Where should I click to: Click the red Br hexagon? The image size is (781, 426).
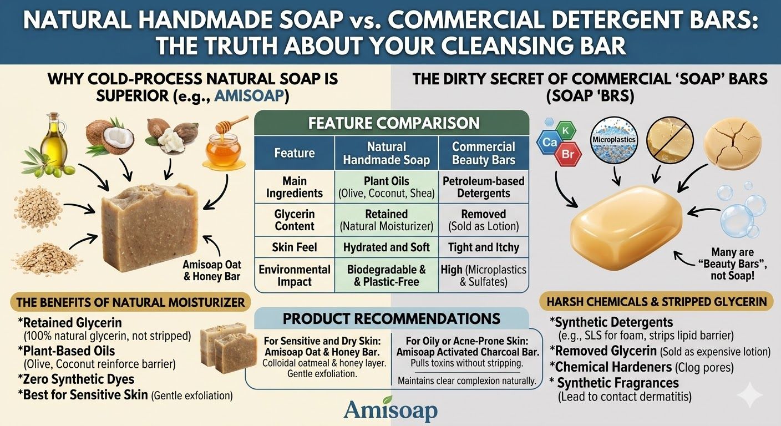[x=567, y=154]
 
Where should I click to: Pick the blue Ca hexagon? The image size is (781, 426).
[x=549, y=142]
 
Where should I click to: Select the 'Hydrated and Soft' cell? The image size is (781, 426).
[x=386, y=247]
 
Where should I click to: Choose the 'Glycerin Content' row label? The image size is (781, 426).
[x=295, y=220]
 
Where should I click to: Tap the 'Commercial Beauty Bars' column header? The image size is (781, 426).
[x=484, y=154]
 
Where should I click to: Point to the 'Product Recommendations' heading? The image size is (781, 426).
[x=391, y=318]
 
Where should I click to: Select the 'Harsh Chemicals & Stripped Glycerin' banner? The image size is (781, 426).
[x=656, y=302]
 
